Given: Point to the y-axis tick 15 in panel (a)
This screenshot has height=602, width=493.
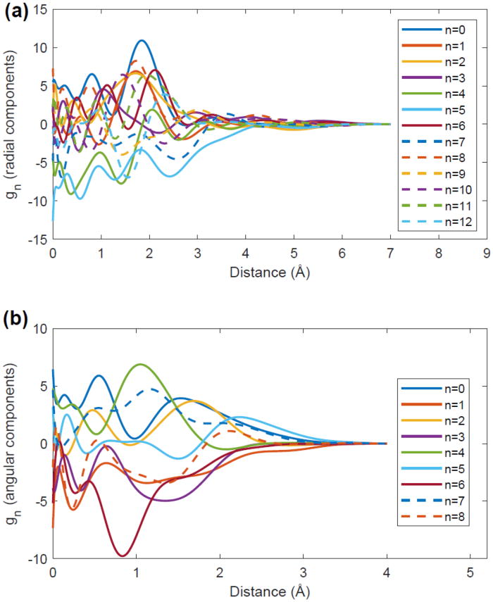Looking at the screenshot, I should (x=40, y=10).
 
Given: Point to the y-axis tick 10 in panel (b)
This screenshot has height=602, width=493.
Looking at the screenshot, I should (x=40, y=329).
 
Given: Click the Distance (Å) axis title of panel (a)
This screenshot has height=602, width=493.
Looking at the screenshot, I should (x=269, y=268).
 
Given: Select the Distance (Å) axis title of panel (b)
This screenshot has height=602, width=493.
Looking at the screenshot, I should (x=269, y=589).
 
